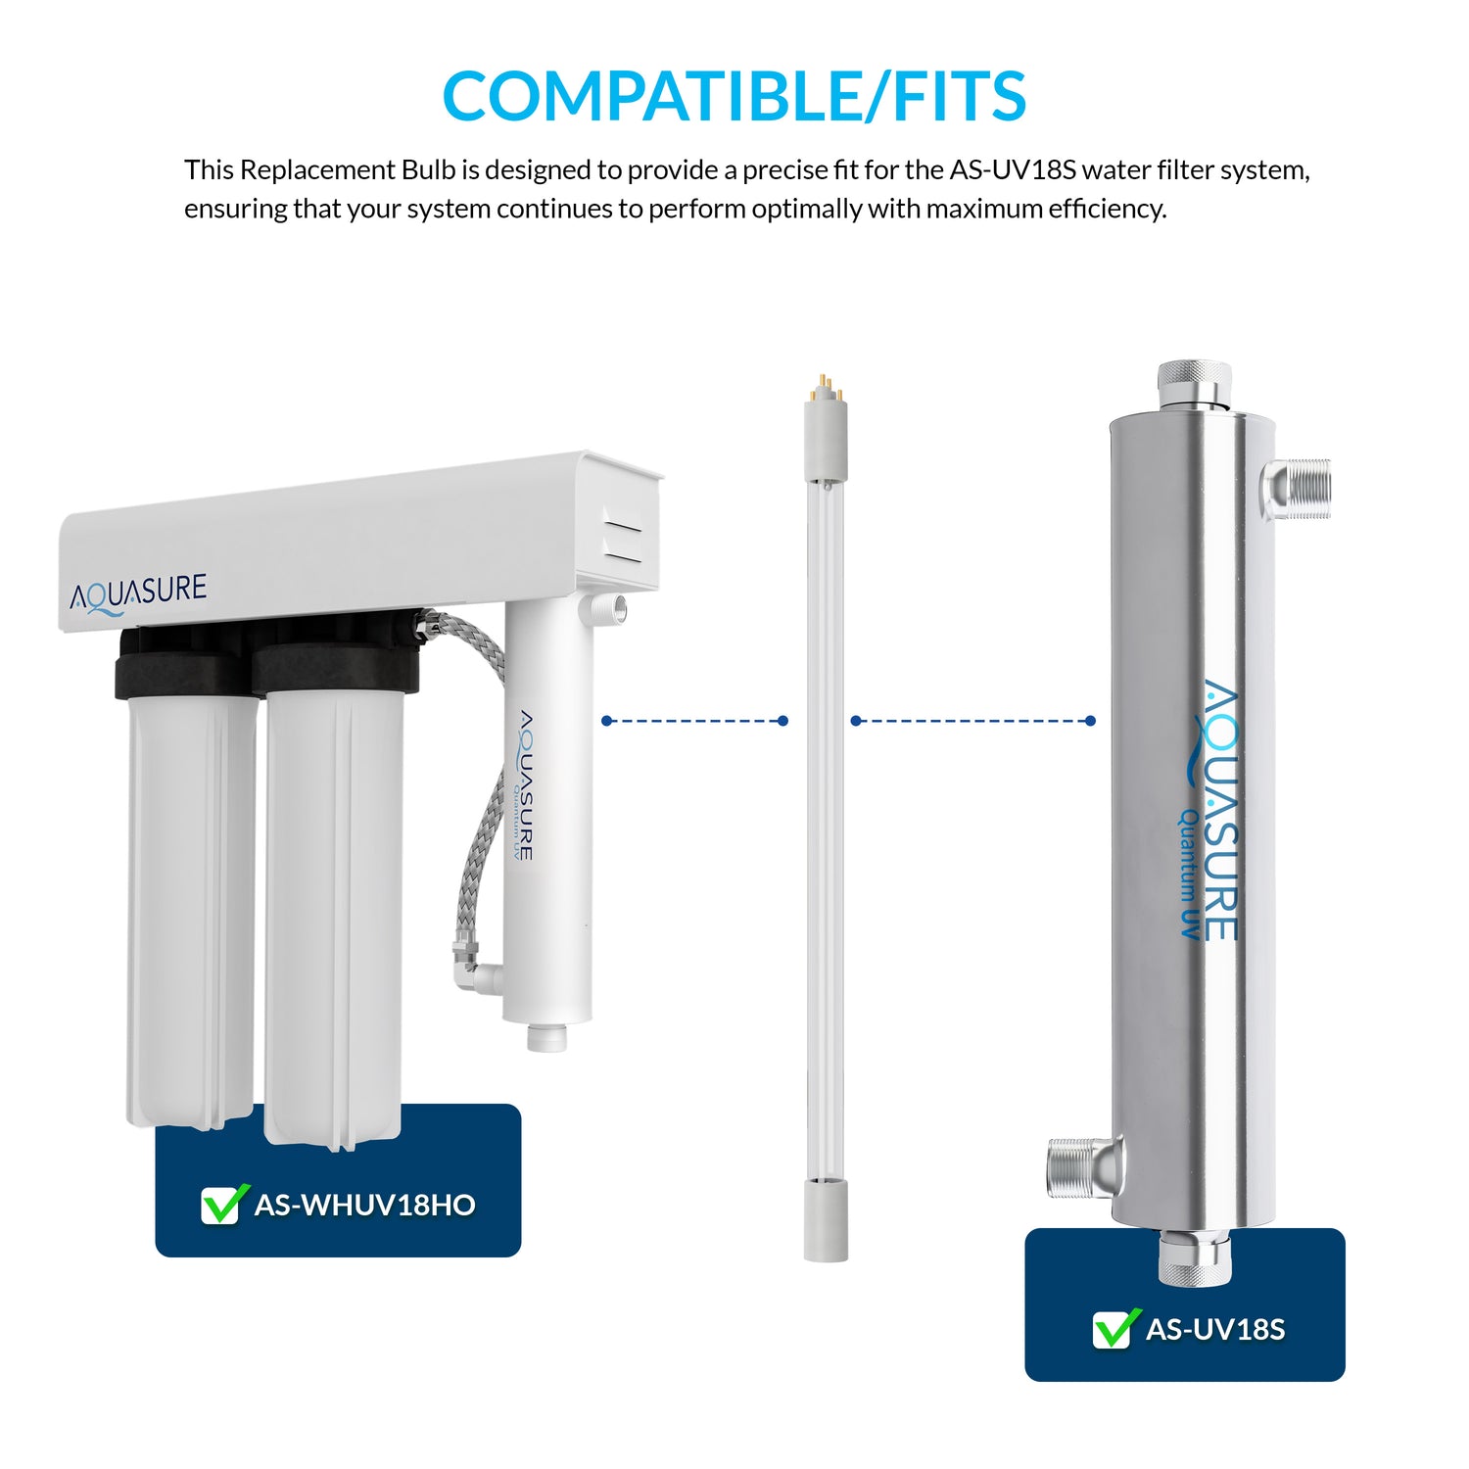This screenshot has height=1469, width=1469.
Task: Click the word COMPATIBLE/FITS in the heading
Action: [x=734, y=96]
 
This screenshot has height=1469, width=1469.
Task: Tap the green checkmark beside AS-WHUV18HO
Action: [x=223, y=1204]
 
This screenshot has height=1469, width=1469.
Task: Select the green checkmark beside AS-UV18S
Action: [x=1115, y=1328]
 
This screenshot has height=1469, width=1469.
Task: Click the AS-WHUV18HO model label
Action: [x=364, y=1205]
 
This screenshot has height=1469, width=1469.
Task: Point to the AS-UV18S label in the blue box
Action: [x=1215, y=1329]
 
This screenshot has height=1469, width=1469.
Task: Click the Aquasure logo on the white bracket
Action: [x=138, y=593]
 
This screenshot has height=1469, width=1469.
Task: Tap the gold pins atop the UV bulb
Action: [x=824, y=385]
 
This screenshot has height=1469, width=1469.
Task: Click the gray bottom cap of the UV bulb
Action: [x=826, y=1219]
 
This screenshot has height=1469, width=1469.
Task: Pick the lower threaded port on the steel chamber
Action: [x=1084, y=1166]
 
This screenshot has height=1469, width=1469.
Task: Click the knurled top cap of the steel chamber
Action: [x=1194, y=384]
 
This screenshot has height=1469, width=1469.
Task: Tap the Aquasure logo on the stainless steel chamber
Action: [x=1212, y=810]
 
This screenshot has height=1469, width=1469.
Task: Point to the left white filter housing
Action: [x=191, y=911]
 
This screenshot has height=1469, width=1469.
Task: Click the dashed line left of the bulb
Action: [x=694, y=721]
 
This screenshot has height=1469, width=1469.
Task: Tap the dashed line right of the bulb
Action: [x=972, y=721]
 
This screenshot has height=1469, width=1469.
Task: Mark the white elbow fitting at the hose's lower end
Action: [x=483, y=975]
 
